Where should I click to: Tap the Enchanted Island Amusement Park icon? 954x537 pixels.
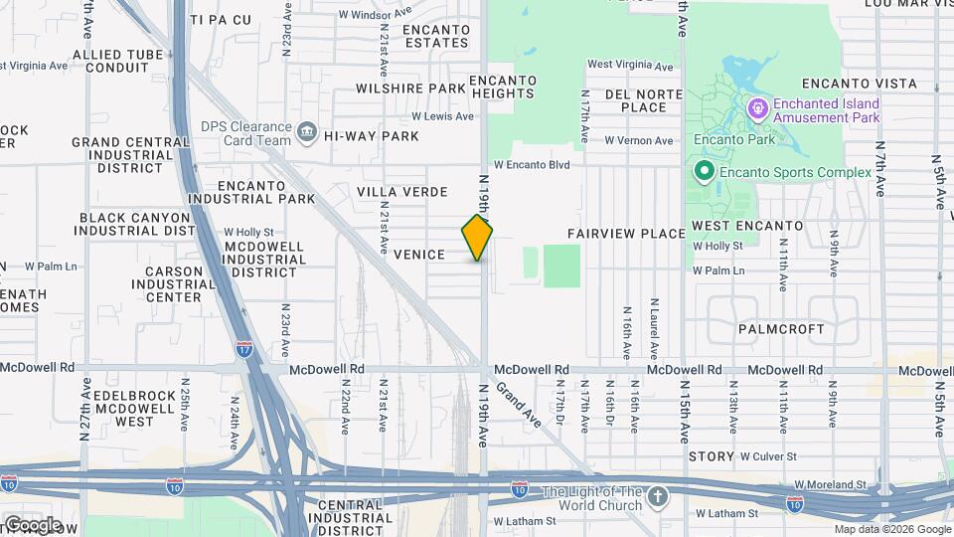point(757,105)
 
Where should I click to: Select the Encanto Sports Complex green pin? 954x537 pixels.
point(705,171)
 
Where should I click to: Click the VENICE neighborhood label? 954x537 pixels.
point(418,255)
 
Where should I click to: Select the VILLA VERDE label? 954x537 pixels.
point(400,191)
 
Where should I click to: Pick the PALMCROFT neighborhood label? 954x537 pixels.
point(781,328)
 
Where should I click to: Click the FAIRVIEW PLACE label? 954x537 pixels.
point(626,233)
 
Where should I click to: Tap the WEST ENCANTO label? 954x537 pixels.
point(747,226)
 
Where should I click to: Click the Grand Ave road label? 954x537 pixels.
point(518,404)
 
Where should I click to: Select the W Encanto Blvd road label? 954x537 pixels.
point(532,164)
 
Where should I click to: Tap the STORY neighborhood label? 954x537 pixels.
point(711,455)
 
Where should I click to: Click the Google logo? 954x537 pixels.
point(32,524)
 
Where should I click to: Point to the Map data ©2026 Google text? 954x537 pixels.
point(891,529)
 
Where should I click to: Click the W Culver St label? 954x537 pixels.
point(768,456)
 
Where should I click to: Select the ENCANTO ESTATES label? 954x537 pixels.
point(436,36)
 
